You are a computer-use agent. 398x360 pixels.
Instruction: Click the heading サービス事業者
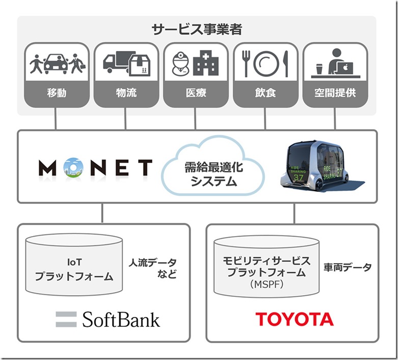click(197, 29)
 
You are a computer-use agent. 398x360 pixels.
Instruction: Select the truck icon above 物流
click(119, 62)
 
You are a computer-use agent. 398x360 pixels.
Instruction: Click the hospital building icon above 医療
click(205, 63)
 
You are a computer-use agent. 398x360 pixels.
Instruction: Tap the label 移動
click(57, 93)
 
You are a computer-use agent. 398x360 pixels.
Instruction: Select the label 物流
click(126, 93)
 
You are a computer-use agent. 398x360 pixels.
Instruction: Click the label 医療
click(196, 93)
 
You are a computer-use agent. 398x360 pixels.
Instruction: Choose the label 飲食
click(266, 93)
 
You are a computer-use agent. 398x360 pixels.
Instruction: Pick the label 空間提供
click(335, 93)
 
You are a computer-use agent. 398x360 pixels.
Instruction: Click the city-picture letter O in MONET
click(74, 167)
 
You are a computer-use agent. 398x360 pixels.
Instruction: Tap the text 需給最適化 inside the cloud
click(214, 168)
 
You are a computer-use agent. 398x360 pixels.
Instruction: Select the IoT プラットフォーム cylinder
click(74, 265)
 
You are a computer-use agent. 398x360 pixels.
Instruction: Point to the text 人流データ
click(152, 263)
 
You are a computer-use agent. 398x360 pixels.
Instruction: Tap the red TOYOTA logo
click(294, 319)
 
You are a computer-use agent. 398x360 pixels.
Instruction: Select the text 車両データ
click(347, 267)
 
